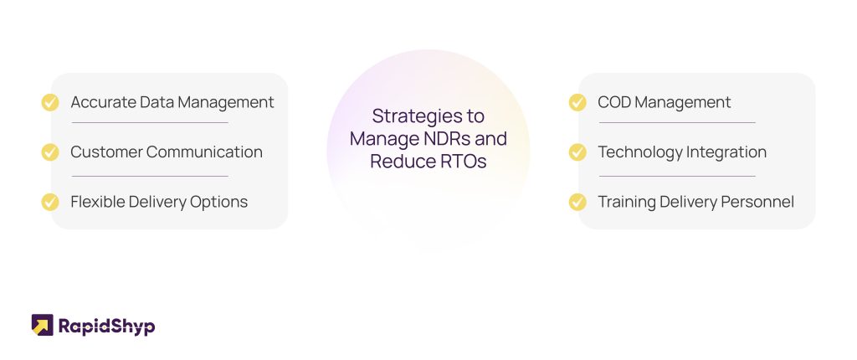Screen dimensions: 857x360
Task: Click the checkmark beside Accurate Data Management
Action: pyautogui.click(x=50, y=102)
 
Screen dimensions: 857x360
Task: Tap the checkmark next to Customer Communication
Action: pyautogui.click(x=50, y=152)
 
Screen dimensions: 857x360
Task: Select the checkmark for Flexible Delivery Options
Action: pyautogui.click(x=50, y=202)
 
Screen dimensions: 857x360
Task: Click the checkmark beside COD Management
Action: pyautogui.click(x=577, y=102)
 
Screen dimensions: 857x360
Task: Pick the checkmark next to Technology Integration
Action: pyautogui.click(x=577, y=152)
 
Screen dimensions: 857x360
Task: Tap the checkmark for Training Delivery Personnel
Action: pyautogui.click(x=577, y=202)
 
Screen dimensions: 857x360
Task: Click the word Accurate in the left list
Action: pyautogui.click(x=103, y=102)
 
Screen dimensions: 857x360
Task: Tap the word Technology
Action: pyautogui.click(x=634, y=152)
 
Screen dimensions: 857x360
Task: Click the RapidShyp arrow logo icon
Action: pyautogui.click(x=42, y=325)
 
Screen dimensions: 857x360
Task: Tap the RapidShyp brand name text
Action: pyautogui.click(x=106, y=326)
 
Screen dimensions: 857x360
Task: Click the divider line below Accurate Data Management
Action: pyautogui.click(x=150, y=122)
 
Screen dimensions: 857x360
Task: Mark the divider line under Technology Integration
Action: pyautogui.click(x=677, y=176)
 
